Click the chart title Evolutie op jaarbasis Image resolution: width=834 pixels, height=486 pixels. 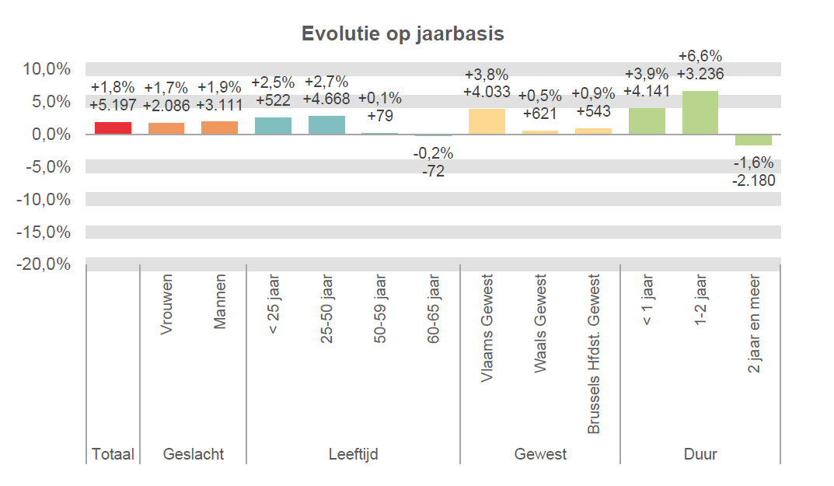point(403,34)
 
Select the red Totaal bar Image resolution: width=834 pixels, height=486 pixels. point(113,128)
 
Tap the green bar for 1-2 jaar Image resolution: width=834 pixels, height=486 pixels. point(700,113)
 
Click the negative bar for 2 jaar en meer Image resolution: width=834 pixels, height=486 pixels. point(753,140)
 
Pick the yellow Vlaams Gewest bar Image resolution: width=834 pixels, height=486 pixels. point(487,122)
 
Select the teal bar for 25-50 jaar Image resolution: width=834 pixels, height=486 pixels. point(326,125)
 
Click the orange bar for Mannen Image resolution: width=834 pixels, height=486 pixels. point(219,128)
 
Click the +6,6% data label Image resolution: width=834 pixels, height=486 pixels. point(700,56)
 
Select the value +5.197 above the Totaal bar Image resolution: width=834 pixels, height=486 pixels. point(113,104)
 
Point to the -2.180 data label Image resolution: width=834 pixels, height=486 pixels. point(753,180)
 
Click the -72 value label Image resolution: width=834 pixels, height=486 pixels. point(433,171)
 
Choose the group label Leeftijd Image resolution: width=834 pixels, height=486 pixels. point(353,454)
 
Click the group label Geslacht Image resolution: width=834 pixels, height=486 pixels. point(193,454)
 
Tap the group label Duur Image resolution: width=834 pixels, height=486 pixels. point(700,454)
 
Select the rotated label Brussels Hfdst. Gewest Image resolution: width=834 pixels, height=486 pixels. point(594,354)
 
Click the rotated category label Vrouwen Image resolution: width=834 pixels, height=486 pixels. point(166,304)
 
